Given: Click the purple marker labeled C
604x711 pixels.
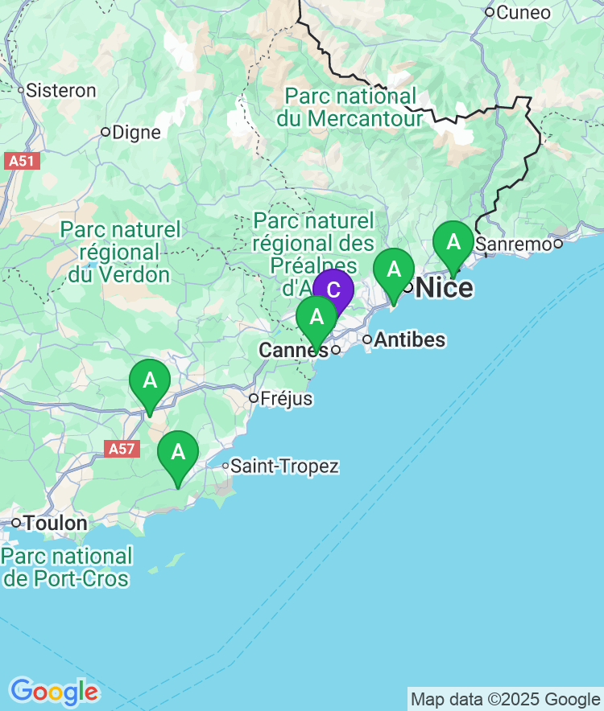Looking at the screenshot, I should (333, 291).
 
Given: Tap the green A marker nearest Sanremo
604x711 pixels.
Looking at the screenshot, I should (453, 242).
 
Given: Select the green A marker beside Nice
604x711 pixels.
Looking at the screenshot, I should (393, 270).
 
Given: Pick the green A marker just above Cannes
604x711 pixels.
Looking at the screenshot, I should (316, 317).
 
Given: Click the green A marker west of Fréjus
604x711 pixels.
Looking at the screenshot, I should (150, 381).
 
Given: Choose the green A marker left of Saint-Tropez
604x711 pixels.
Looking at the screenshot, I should (178, 452).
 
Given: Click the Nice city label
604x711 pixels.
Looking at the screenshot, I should (445, 287).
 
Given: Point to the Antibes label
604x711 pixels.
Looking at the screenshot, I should (409, 339).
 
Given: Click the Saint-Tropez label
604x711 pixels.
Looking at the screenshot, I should (284, 466).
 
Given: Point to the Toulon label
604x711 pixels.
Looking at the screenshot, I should (55, 524).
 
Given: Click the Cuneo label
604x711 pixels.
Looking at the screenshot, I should (523, 12).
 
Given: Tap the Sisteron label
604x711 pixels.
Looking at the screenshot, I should (61, 90).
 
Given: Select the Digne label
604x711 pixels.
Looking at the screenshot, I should (136, 132).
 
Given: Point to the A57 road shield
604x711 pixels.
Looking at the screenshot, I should (122, 449).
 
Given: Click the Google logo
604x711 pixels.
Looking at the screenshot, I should (53, 692).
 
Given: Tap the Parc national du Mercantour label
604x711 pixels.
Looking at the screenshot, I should (350, 108).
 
